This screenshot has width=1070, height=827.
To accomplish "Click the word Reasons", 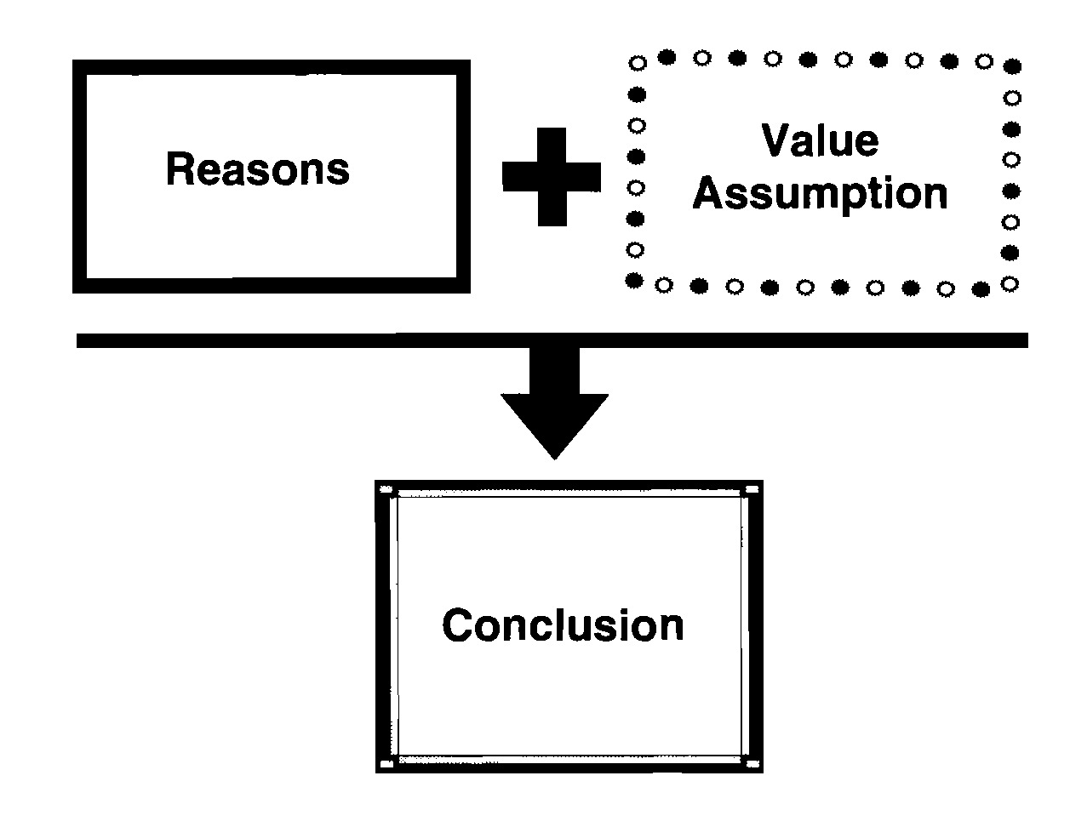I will (x=257, y=169).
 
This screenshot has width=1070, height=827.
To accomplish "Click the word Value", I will (x=820, y=140).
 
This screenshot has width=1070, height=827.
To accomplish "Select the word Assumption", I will (x=820, y=195).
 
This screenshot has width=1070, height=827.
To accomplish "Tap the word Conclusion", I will (x=563, y=625).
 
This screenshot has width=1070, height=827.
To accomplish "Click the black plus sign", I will (x=552, y=177).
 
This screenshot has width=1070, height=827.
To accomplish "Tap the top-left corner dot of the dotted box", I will (x=636, y=63).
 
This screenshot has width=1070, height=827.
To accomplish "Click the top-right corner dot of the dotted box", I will (x=1012, y=66).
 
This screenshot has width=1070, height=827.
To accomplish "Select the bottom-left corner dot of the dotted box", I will (x=633, y=280).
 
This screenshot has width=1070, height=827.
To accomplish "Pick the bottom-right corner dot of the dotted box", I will (x=1010, y=283).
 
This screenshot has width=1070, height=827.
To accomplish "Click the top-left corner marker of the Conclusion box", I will (x=385, y=490).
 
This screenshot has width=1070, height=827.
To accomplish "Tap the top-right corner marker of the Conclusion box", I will (x=751, y=490).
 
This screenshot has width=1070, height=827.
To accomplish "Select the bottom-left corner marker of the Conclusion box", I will (x=386, y=764).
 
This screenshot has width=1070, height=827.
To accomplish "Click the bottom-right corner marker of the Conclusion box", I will (x=751, y=764).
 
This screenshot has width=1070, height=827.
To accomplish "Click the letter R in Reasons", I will (x=177, y=169).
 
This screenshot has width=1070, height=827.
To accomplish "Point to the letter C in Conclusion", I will (x=455, y=625).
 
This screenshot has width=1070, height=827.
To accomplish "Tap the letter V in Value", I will (x=775, y=140).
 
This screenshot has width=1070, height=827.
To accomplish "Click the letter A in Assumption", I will (x=707, y=193).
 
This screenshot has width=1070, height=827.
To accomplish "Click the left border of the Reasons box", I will (x=79, y=177).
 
